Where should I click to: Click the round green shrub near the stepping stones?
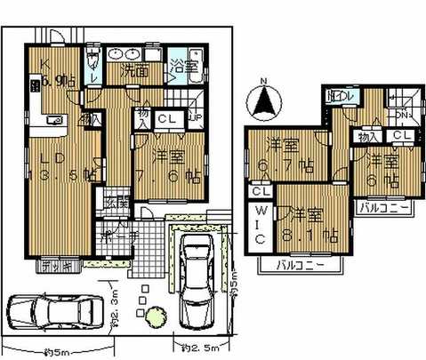(x=156, y=315)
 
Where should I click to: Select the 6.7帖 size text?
(x=284, y=164)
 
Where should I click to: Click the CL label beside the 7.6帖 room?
(x=166, y=117)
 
